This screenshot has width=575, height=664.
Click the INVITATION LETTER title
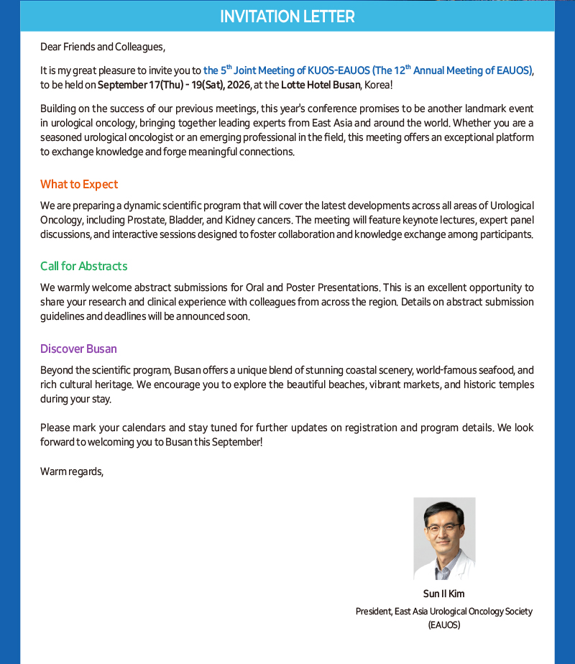287,17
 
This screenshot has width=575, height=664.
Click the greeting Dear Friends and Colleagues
103,47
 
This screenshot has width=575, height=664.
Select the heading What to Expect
79,185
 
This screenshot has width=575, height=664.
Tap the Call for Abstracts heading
83,267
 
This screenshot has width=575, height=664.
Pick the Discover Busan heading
78,349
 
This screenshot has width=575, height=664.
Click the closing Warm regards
72,472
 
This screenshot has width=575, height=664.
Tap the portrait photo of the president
444,539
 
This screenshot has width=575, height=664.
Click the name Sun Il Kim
444,594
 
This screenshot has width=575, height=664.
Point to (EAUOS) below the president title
444,625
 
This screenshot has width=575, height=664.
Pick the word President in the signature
373,612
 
